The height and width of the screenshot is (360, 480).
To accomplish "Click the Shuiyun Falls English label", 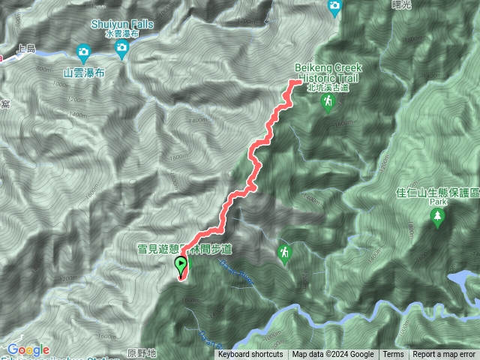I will [121, 24].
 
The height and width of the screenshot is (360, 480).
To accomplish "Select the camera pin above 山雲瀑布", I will [83, 52].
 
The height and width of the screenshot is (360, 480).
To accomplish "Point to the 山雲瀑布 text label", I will [83, 72].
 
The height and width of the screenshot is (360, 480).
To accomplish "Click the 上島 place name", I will [25, 49].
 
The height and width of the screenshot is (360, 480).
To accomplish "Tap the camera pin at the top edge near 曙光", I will [335, 7].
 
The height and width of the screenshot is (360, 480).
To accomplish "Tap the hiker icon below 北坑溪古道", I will [327, 103].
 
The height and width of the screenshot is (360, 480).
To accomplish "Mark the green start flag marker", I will [181, 265].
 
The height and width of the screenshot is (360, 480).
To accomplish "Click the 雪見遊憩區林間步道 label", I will [184, 248].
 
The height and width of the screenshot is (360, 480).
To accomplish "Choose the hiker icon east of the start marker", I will [284, 253].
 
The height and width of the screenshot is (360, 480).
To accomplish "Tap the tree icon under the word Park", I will [437, 217].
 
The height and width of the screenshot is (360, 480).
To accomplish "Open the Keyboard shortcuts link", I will [250, 355].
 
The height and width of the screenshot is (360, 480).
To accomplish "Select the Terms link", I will [393, 355].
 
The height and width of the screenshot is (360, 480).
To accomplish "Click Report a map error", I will [445, 355].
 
